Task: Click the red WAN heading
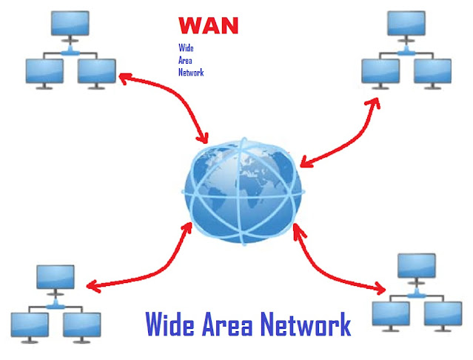coord(209,27)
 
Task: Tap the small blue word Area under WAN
coord(185,61)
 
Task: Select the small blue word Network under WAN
coord(190,73)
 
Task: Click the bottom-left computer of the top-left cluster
coord(44,72)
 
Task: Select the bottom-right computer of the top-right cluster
coord(432,72)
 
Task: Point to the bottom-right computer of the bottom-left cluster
coord(81,324)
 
